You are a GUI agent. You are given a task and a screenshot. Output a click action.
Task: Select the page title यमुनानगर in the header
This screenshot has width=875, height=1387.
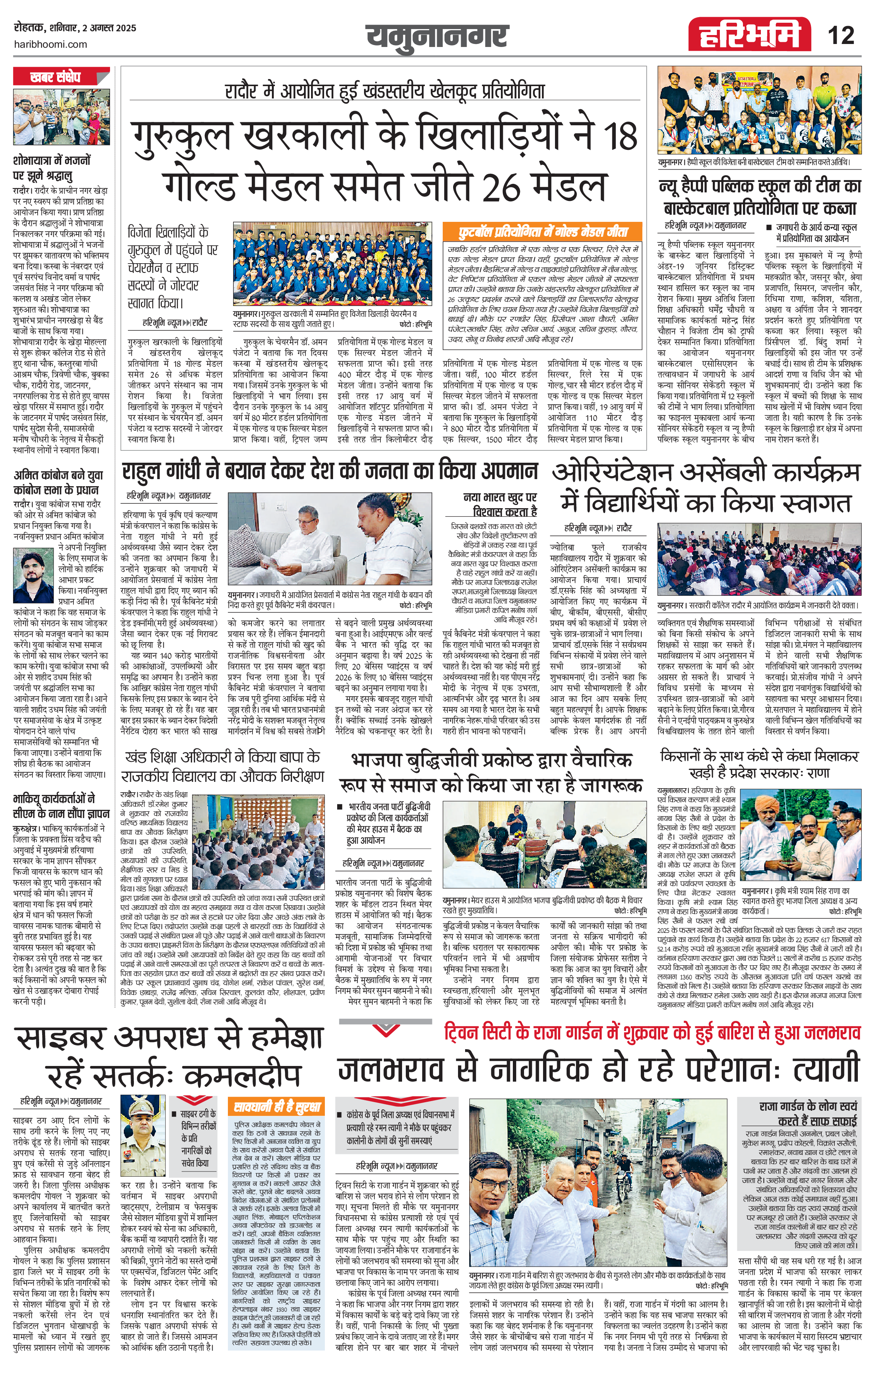tap(437, 36)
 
